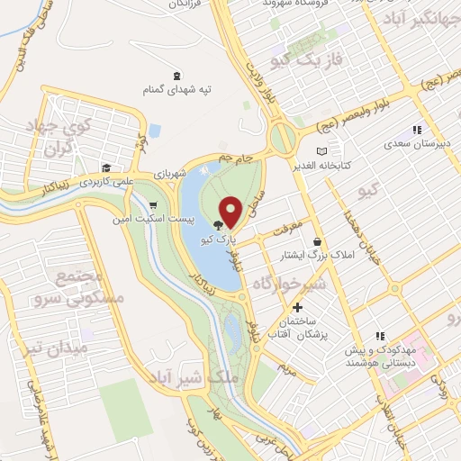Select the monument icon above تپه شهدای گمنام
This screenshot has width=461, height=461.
[x=176, y=76]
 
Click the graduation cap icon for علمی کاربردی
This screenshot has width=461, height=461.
[x=106, y=167]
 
